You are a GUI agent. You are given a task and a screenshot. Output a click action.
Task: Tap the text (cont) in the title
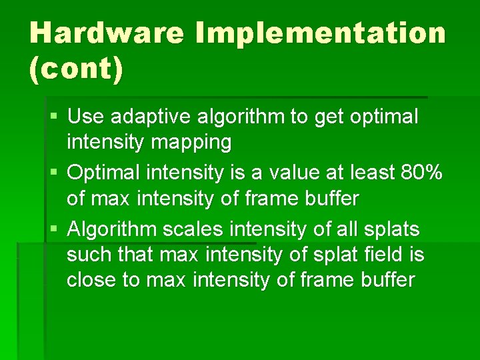pyautogui.click(x=76, y=69)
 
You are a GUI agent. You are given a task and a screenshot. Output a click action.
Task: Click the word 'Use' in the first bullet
pyautogui.click(x=85, y=117)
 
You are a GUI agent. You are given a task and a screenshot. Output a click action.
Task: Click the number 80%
pyautogui.click(x=421, y=173)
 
